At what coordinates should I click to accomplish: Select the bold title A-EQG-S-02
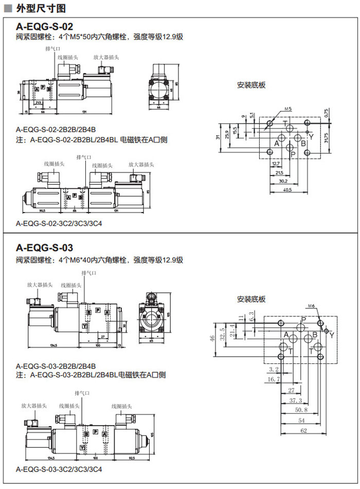click(45, 26)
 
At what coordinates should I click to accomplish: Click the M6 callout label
click(311, 306)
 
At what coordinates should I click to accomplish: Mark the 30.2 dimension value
click(283, 181)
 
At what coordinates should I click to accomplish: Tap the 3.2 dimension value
click(273, 369)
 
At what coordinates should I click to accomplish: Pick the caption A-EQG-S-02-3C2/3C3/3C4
click(59, 224)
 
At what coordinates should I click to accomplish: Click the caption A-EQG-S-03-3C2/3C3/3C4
click(59, 469)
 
